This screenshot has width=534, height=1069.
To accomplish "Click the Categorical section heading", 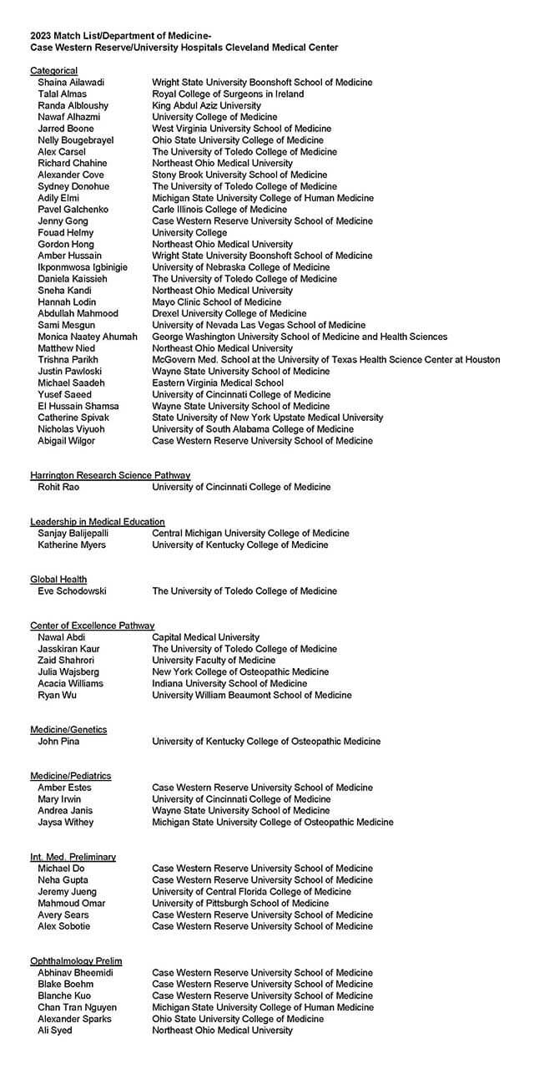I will [54, 71].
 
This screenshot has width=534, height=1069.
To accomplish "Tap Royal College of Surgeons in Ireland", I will [228, 94].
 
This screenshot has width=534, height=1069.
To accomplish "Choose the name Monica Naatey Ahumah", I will [88, 337].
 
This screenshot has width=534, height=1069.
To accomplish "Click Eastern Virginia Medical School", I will [218, 383].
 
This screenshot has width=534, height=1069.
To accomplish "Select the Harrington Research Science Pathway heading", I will [110, 475].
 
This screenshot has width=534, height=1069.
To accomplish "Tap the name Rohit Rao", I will [58, 487].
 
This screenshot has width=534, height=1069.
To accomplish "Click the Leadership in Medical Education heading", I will [98, 522].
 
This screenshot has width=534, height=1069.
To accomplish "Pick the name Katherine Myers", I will [72, 545].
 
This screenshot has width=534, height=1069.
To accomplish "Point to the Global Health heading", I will [58, 580].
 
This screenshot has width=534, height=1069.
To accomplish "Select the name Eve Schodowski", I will [72, 591].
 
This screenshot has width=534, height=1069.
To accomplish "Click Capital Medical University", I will [205, 637].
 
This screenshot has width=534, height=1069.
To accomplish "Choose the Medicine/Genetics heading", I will [68, 730].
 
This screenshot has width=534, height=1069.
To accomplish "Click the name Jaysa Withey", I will [66, 822].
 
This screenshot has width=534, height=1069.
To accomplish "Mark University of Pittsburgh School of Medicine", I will [240, 903].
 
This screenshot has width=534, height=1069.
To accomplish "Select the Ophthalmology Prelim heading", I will [76, 961].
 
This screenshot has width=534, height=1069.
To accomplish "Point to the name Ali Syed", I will [55, 1031].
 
